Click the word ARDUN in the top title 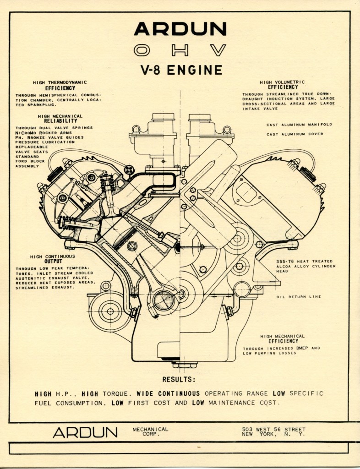[x=180, y=29]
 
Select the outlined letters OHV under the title [x=180, y=50]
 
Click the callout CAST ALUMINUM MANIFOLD [x=299, y=125]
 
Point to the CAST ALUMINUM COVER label [x=295, y=134]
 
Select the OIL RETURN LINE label [x=298, y=297]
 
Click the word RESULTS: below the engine [x=179, y=380]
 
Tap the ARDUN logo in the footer [x=85, y=432]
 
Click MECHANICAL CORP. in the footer [x=150, y=431]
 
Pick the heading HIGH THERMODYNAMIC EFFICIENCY [x=60, y=85]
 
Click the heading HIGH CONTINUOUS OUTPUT [x=53, y=259]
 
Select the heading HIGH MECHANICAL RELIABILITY [x=60, y=119]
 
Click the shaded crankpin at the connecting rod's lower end [x=164, y=301]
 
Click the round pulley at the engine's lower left [x=109, y=311]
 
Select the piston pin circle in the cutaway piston [x=132, y=246]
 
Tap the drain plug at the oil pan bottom [x=185, y=365]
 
